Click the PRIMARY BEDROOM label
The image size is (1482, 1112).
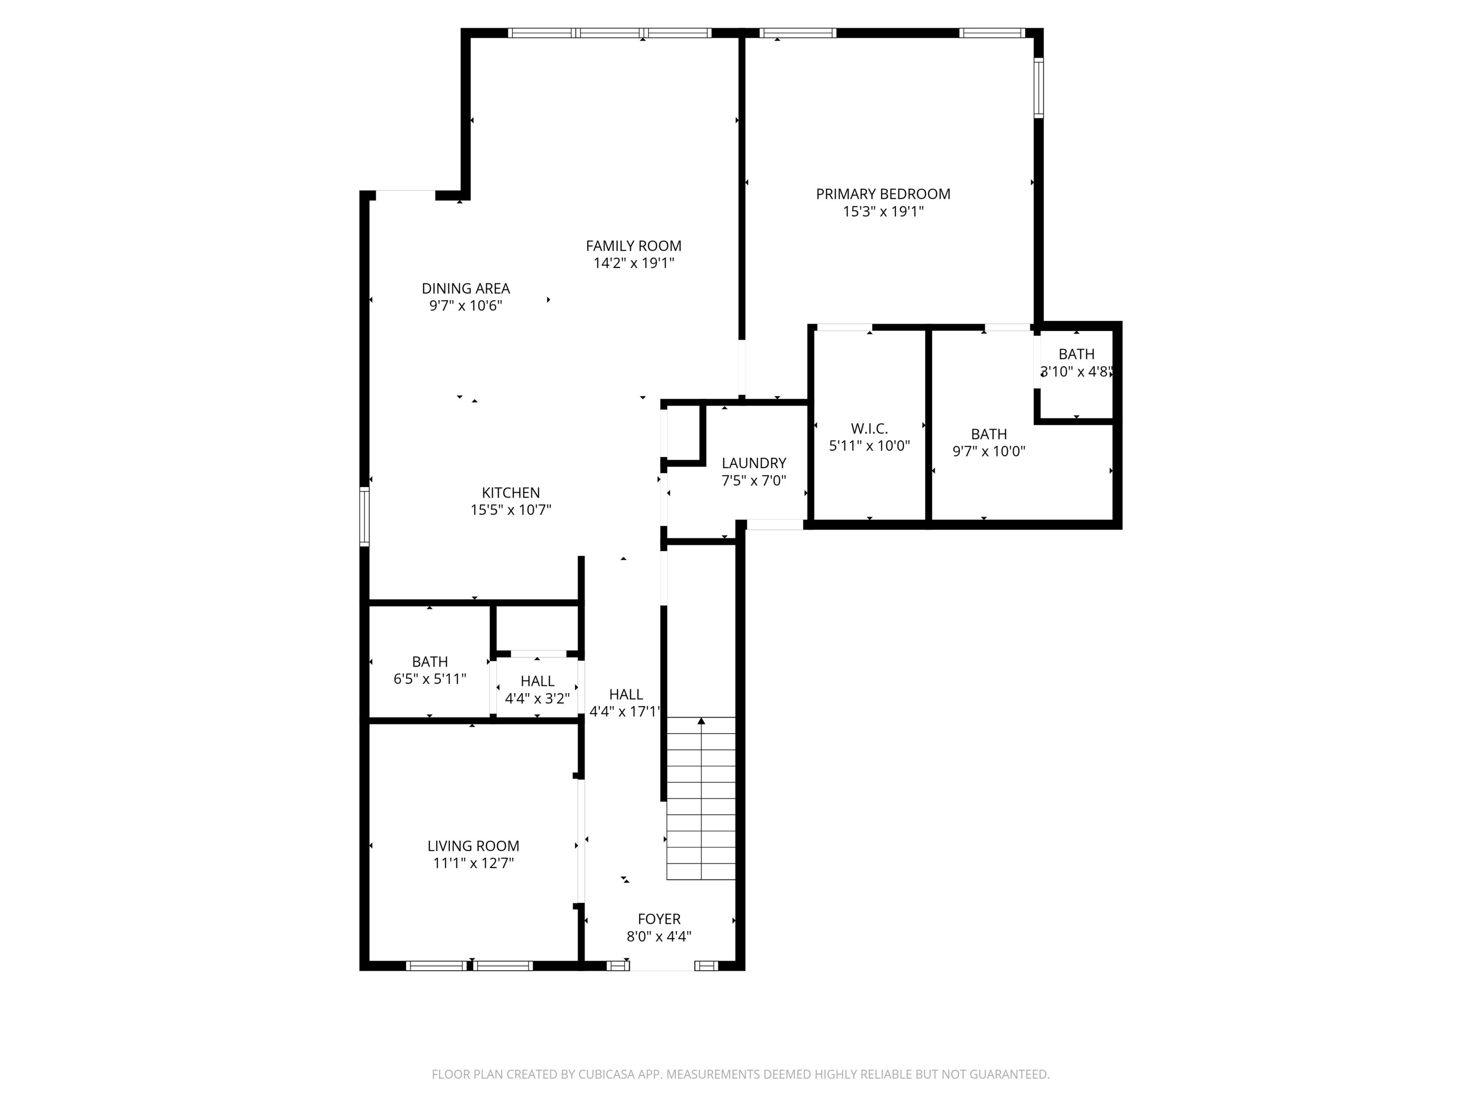point(882,195)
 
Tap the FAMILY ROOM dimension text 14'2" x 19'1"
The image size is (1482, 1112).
point(633,264)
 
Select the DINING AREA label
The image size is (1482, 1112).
point(466,289)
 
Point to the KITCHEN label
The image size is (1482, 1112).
point(510,493)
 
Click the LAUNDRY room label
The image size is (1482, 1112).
point(754,463)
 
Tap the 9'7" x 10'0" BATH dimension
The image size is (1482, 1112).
point(989,452)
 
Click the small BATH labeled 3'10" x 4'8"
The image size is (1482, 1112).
point(1076,355)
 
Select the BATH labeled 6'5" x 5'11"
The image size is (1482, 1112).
point(429,662)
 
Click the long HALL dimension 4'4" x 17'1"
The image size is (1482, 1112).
point(625,712)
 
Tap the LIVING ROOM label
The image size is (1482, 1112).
point(473,847)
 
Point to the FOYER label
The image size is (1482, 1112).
point(659,919)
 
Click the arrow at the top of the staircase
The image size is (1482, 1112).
point(701,721)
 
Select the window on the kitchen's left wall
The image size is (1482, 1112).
point(365,516)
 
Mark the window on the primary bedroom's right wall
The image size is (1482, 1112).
point(1039,88)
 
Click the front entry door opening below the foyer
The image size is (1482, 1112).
point(661,966)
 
